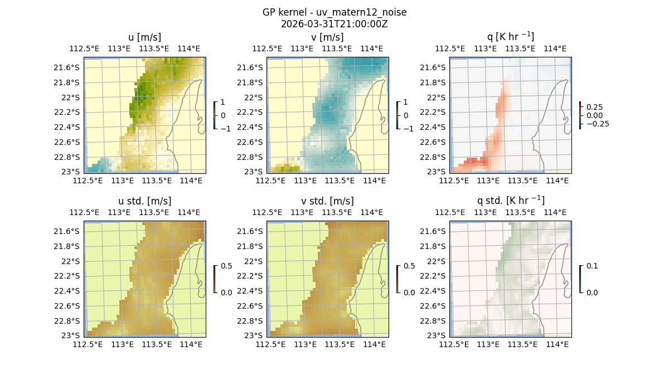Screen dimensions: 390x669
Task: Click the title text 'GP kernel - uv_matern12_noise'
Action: click(x=334, y=12)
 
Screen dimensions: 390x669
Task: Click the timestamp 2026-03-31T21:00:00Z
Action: click(x=334, y=24)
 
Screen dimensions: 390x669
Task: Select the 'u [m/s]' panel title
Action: click(x=144, y=37)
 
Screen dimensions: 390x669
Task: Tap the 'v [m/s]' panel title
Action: click(x=327, y=37)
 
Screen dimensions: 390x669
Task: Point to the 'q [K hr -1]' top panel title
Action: click(x=510, y=37)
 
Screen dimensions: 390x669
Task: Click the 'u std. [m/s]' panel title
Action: click(x=144, y=201)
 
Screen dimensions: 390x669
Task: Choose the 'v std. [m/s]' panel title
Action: click(x=327, y=201)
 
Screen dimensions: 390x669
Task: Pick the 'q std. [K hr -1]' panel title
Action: click(x=510, y=201)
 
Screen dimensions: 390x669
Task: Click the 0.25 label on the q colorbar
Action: click(x=594, y=107)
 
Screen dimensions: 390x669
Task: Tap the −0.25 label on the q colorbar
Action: click(x=597, y=124)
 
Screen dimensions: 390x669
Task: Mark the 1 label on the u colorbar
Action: click(x=223, y=102)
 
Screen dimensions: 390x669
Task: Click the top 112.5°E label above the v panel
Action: click(x=267, y=48)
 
